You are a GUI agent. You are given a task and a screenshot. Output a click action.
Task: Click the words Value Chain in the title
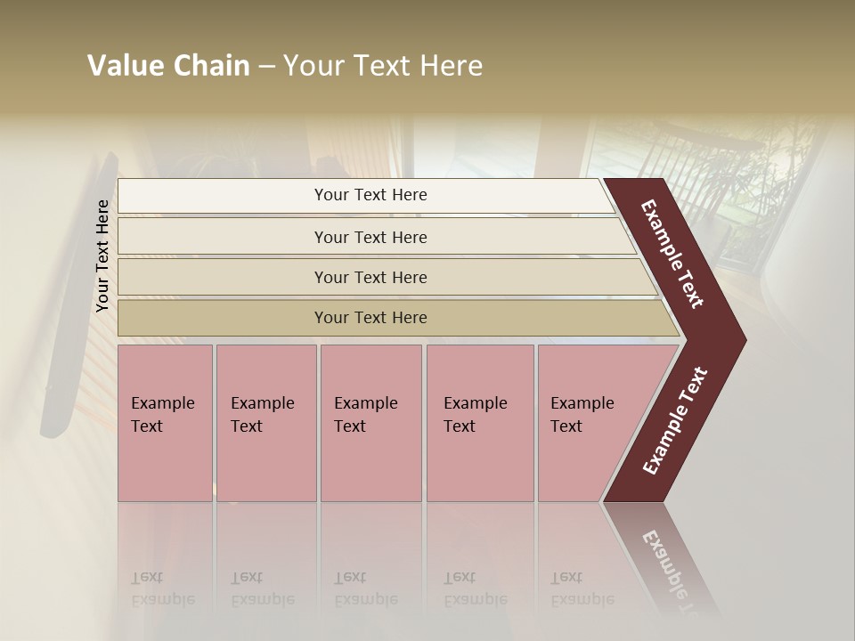[168, 67]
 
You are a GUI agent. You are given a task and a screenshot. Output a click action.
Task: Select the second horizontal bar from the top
[370, 237]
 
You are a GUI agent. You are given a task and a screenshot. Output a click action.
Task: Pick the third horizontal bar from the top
[370, 277]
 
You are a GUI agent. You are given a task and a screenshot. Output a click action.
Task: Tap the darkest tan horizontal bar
[370, 318]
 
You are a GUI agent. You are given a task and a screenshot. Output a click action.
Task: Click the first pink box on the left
[165, 423]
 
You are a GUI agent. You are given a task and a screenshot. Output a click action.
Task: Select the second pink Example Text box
[265, 423]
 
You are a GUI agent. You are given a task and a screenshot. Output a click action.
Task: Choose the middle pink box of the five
[370, 423]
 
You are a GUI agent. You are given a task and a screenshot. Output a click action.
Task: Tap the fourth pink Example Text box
[480, 423]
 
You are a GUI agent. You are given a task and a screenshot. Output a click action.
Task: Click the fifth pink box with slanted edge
[588, 423]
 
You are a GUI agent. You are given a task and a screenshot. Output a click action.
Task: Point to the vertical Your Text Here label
[102, 256]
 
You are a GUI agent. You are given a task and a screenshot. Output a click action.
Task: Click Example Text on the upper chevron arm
[672, 254]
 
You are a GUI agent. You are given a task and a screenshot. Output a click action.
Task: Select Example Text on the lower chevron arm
[675, 420]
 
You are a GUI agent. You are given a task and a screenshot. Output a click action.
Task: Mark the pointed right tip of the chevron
[744, 339]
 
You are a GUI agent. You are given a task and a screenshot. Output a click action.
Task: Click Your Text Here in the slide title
[382, 67]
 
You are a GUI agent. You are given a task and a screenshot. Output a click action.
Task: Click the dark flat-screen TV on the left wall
[77, 294]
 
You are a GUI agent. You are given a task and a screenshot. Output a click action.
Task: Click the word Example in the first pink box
[162, 403]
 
